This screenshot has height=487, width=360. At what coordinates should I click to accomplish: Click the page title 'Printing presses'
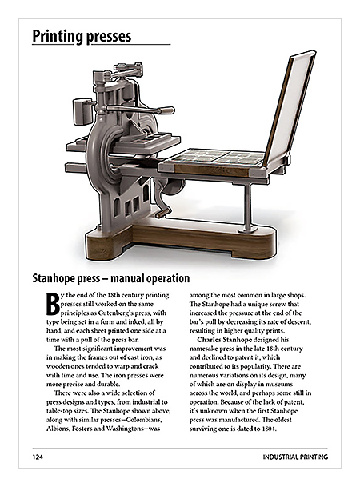pyautogui.click(x=82, y=36)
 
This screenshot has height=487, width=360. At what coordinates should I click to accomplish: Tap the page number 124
pyautogui.click(x=37, y=459)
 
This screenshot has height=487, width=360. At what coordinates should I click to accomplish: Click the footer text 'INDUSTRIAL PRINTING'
pyautogui.click(x=295, y=459)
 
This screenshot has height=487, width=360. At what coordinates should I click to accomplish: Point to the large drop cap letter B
pyautogui.click(x=53, y=303)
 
